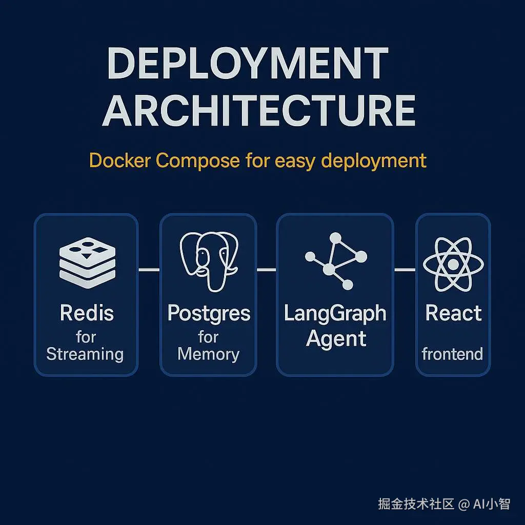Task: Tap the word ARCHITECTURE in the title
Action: coord(258,111)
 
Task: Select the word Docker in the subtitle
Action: coord(120,160)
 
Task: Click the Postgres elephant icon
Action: coord(208,260)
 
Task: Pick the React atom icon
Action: coord(453,265)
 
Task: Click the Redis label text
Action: coord(87,313)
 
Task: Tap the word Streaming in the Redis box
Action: coord(85,354)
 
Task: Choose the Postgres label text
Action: coord(209,313)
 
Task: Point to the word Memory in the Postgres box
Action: coord(209,354)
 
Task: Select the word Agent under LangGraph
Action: coord(336,339)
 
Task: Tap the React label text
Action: coord(454,313)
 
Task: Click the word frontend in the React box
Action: coord(452,354)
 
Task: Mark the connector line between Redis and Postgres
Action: coord(149,270)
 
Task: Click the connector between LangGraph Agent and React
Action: coord(405,270)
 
